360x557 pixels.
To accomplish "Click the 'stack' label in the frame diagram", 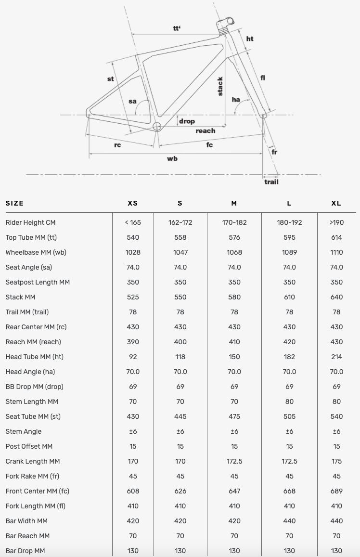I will (x=220, y=86).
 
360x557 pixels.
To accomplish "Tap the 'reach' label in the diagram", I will (x=205, y=130).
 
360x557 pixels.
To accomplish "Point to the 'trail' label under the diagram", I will (x=271, y=181).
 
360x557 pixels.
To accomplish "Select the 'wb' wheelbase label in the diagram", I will (x=172, y=158).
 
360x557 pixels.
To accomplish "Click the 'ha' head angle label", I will (x=236, y=100).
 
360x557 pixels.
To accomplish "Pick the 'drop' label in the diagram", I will (x=187, y=121).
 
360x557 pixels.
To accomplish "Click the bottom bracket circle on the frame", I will (x=156, y=127).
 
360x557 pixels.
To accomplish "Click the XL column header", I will (x=336, y=203).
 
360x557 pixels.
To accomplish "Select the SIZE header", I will (x=14, y=203).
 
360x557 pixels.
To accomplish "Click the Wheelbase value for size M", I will (x=234, y=252).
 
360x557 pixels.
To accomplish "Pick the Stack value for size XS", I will (x=133, y=297).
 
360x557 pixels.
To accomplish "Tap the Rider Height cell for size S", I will (x=180, y=222).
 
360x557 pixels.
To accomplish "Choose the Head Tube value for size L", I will (x=289, y=357).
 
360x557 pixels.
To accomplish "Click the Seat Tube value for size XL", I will (x=336, y=416).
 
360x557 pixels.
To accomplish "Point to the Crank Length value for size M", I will (x=234, y=461).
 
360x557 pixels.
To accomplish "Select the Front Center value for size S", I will (x=180, y=491).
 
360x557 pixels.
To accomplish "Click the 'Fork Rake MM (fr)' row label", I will (x=32, y=476).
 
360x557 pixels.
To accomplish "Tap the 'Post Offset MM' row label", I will (x=29, y=446).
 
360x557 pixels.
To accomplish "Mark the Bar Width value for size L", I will (x=289, y=521).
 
